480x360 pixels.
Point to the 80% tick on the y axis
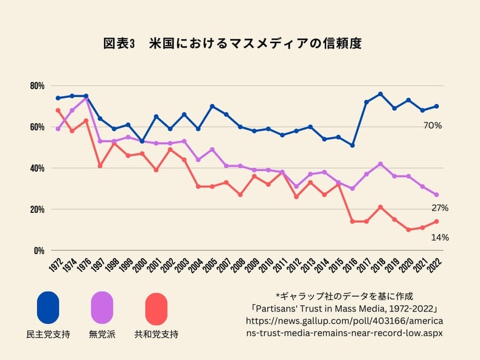coord(37,86)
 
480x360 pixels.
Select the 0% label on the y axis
coord(39,250)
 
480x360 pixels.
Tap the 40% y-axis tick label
coord(37,168)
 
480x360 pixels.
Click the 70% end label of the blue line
coord(433,126)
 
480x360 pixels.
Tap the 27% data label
coord(439,208)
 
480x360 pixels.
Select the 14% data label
coord(439,237)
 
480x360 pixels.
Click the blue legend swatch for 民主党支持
coord(48,308)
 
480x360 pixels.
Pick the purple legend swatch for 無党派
coord(102,308)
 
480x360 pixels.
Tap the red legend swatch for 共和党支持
coord(156,308)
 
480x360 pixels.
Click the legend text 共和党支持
coord(156,335)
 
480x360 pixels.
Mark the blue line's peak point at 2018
coord(380,94)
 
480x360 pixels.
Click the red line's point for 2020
coord(408,230)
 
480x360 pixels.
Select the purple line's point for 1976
coord(86,98)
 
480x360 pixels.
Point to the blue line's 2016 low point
coord(352,145)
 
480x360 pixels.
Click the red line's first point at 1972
coord(58,110)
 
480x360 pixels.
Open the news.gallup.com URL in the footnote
coord(344,327)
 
